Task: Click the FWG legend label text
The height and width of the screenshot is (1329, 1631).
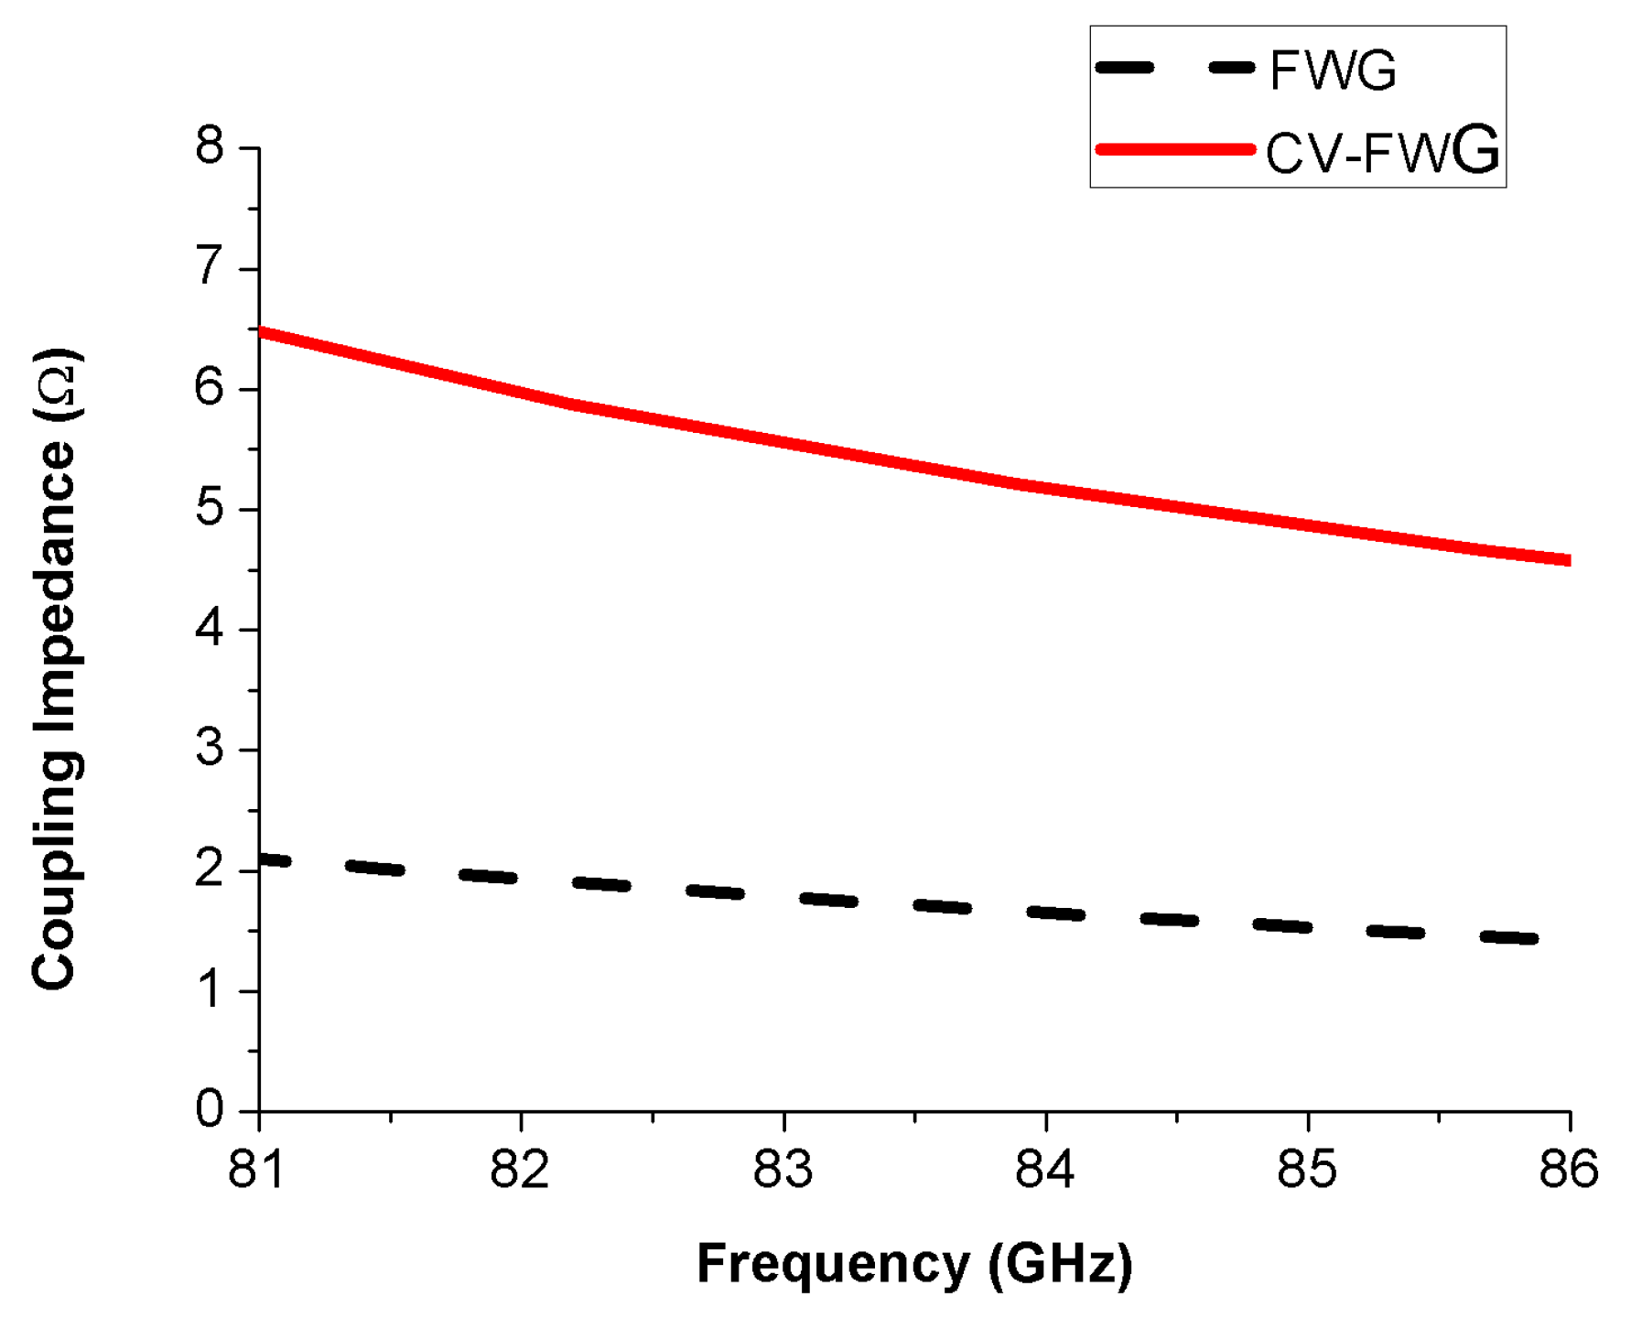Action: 1333,70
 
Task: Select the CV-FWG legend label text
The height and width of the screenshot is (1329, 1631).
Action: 1382,151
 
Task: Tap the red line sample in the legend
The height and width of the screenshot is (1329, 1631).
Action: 1175,149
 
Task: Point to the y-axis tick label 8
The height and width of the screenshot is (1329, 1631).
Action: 210,146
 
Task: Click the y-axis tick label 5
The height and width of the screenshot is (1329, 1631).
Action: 210,508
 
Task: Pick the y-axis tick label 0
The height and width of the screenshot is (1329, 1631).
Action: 210,1109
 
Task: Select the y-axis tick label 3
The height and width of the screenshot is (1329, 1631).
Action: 210,749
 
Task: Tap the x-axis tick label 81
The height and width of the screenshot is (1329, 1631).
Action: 257,1170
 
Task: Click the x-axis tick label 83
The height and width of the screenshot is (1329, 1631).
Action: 783,1170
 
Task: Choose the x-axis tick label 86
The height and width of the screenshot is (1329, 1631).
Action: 1569,1170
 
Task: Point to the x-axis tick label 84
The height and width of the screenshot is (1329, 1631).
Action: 1044,1170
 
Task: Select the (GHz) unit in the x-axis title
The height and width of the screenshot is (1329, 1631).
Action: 1060,1265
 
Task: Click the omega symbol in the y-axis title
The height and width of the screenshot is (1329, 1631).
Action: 57,385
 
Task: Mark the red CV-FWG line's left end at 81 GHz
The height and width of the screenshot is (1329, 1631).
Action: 263,332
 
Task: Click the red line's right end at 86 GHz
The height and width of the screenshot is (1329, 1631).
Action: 1568,560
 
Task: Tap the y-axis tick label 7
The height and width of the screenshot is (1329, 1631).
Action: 210,267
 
